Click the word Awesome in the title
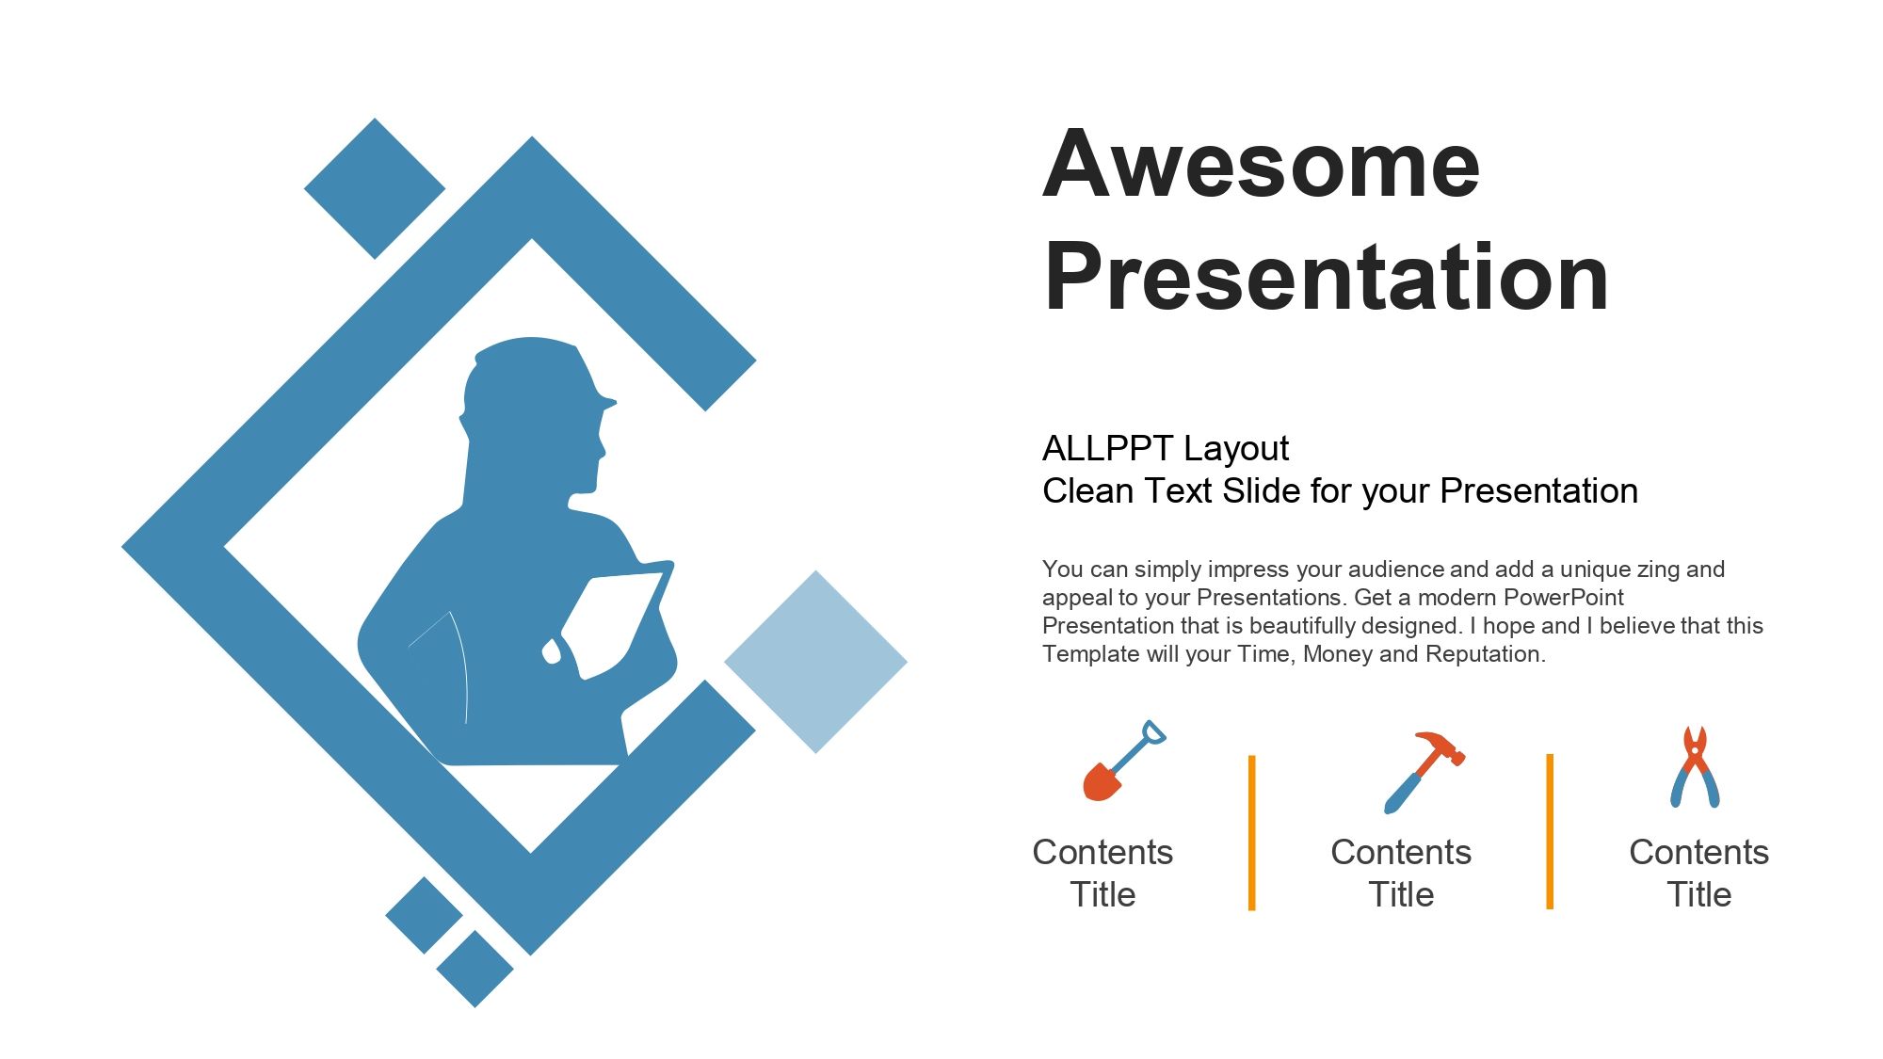point(1262,164)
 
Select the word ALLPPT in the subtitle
point(1107,448)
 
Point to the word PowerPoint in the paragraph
point(1564,597)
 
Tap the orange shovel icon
point(1124,762)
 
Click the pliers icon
point(1695,767)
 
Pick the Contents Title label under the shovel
point(1102,873)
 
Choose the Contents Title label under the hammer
point(1401,873)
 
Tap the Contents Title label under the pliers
point(1699,873)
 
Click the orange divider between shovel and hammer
point(1251,832)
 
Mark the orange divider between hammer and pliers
point(1550,831)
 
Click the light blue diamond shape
point(815,662)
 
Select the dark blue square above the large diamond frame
point(375,188)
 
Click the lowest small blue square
point(475,969)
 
